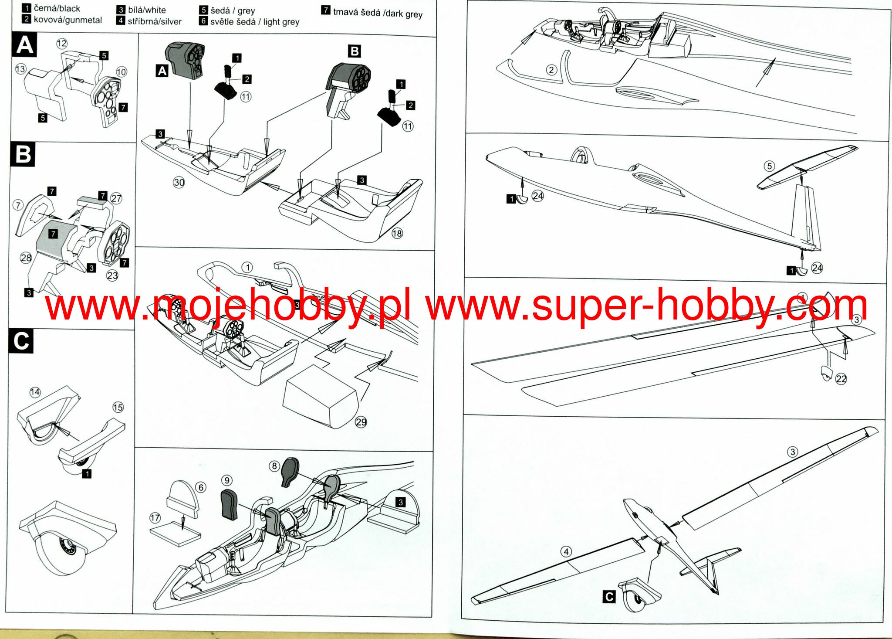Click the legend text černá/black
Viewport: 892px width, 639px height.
pos(57,8)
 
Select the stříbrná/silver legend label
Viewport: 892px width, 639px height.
pos(154,21)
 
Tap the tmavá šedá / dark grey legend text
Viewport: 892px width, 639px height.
pos(377,13)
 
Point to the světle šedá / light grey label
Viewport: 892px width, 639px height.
pos(254,21)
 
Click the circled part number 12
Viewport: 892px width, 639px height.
pos(62,43)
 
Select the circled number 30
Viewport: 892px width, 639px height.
pos(179,182)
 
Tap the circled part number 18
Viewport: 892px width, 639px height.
pos(397,233)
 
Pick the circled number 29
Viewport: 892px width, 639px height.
pos(361,422)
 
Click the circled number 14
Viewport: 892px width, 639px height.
pos(35,392)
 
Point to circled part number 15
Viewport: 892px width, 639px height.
pos(118,407)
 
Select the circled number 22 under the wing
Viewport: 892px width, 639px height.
pos(841,379)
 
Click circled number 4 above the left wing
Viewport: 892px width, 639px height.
pos(566,552)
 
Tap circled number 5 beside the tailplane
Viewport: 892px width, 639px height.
pos(769,166)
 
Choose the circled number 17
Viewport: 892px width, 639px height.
pos(155,517)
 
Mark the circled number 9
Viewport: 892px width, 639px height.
pos(227,480)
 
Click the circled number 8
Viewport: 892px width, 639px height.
pos(274,466)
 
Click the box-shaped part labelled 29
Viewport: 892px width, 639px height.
pos(320,397)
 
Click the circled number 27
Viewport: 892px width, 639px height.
pos(116,198)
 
